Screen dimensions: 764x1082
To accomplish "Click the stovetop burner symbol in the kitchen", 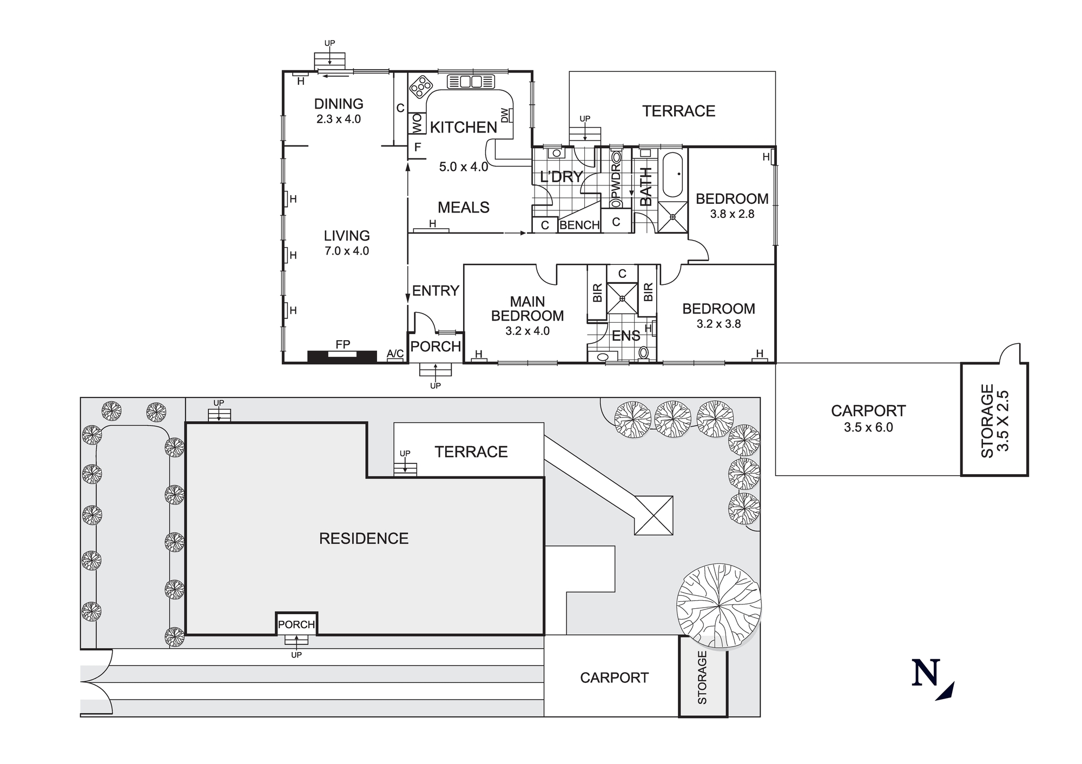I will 421,86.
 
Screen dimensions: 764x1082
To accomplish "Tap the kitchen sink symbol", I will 471,82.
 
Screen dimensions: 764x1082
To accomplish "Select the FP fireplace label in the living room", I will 342,344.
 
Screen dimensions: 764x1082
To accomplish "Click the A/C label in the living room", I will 395,354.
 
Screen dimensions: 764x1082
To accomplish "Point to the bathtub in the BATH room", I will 673,175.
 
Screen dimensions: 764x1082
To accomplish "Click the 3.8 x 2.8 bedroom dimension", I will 732,214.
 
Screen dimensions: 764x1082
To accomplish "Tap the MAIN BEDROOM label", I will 527,309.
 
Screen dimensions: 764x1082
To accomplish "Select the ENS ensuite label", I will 626,336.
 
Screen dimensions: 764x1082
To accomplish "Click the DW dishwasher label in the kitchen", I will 505,115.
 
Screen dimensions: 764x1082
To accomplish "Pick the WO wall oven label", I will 417,124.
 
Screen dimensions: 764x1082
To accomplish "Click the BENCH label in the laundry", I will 579,225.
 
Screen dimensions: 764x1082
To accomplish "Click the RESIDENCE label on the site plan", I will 364,539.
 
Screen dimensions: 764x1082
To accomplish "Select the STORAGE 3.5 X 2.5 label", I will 994,421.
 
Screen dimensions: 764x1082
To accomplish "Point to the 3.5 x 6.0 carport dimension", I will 868,428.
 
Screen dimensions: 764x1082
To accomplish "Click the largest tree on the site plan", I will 718,605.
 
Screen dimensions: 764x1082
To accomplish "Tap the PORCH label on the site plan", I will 296,625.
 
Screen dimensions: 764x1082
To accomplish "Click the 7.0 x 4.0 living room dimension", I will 347,251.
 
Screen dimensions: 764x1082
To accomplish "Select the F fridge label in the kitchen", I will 417,147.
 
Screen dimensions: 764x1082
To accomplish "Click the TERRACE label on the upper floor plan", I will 678,111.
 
